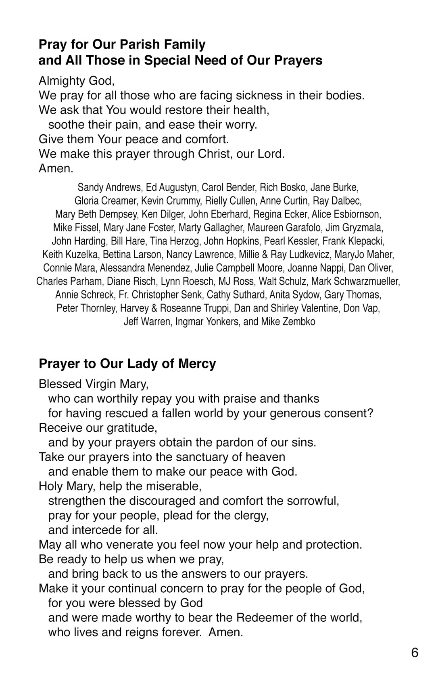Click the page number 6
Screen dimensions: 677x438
pyautogui.click(x=415, y=652)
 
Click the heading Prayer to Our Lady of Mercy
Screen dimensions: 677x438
pyautogui.click(x=127, y=364)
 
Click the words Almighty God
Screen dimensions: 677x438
pyautogui.click(x=76, y=81)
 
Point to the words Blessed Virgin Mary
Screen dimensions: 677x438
pyautogui.click(x=94, y=384)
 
